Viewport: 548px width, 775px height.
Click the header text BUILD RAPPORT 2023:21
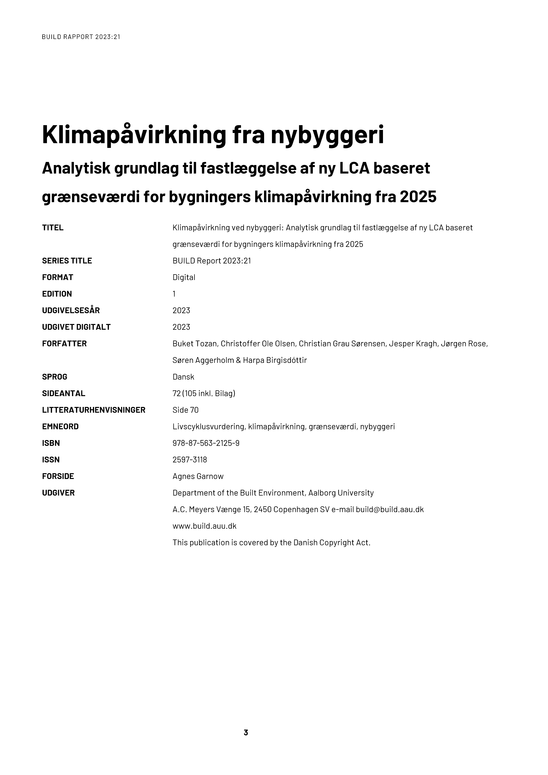(x=81, y=37)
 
